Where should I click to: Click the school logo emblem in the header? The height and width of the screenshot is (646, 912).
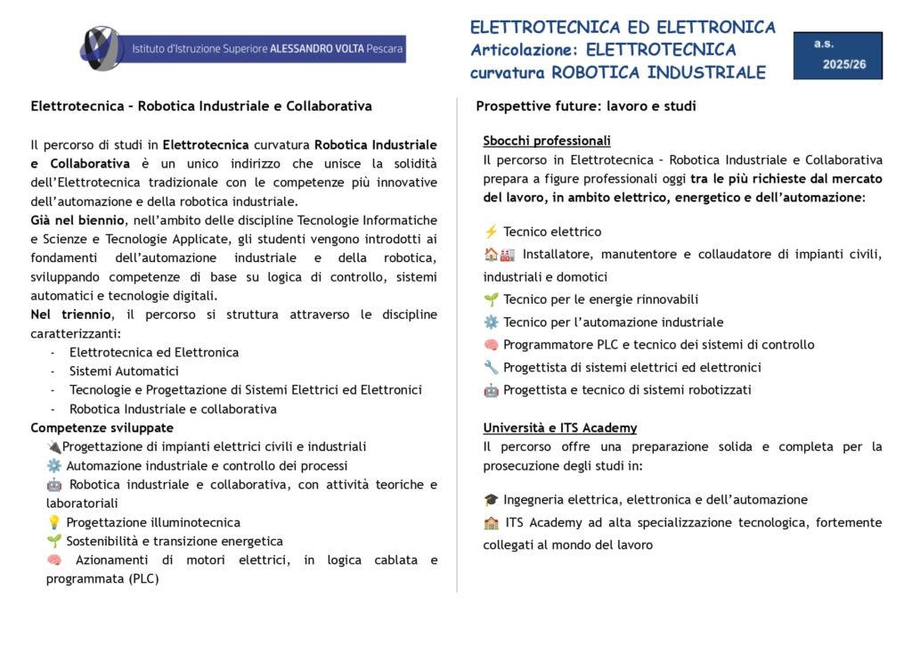(101, 47)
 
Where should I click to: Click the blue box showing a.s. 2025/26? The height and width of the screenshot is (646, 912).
(837, 54)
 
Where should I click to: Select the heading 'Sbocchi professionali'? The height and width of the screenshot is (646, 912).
(547, 141)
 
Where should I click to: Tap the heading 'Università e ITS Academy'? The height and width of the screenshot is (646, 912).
(560, 428)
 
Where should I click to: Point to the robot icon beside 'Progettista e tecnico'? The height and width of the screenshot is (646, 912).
(491, 390)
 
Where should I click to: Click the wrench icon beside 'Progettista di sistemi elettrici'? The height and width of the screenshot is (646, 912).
(491, 367)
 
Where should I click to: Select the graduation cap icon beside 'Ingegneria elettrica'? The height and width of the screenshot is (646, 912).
(491, 500)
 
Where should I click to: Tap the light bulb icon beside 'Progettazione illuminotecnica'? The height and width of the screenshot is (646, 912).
(53, 522)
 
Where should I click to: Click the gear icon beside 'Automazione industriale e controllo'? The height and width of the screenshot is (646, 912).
(53, 466)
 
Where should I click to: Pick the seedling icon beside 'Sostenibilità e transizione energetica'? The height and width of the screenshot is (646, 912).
(53, 541)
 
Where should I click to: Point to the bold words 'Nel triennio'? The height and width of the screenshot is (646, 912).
(71, 315)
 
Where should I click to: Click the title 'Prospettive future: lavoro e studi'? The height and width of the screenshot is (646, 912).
(586, 106)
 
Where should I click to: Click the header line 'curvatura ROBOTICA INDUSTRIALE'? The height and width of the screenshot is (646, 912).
(618, 72)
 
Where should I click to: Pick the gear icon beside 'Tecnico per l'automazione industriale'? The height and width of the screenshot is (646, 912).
(491, 323)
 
